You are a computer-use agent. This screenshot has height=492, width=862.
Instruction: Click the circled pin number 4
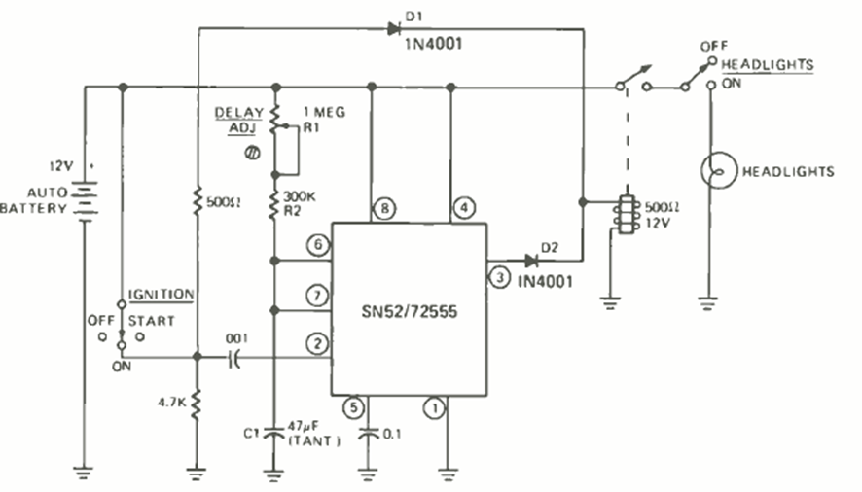[x=465, y=208]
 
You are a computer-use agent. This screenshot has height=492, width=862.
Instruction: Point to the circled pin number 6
[x=315, y=246]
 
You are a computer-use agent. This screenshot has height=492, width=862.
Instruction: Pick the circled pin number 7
[x=315, y=295]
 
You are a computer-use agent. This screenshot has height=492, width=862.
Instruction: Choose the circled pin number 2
[x=315, y=342]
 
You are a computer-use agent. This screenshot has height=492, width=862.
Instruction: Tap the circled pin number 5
[x=354, y=408]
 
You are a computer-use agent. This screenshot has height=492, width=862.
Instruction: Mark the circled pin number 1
[x=436, y=408]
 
